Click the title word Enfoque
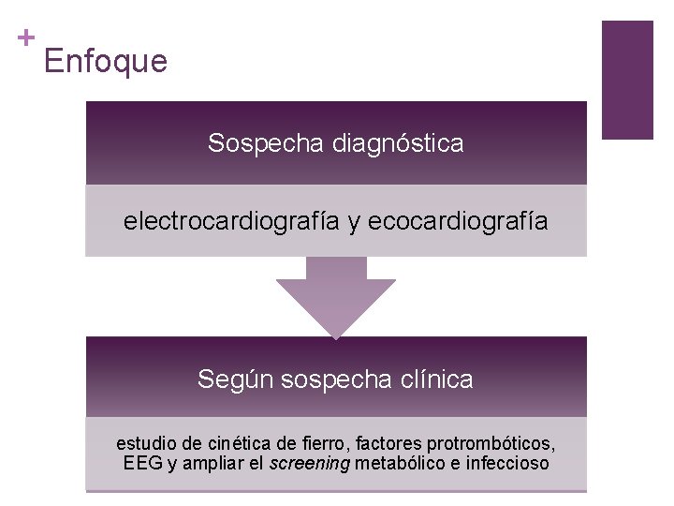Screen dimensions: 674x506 [x=105, y=62]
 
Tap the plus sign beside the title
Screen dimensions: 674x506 [x=25, y=38]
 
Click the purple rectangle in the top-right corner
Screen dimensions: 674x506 [x=626, y=80]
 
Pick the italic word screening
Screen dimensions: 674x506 [x=308, y=463]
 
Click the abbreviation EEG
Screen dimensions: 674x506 [x=142, y=463]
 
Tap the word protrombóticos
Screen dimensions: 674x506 [x=491, y=442]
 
